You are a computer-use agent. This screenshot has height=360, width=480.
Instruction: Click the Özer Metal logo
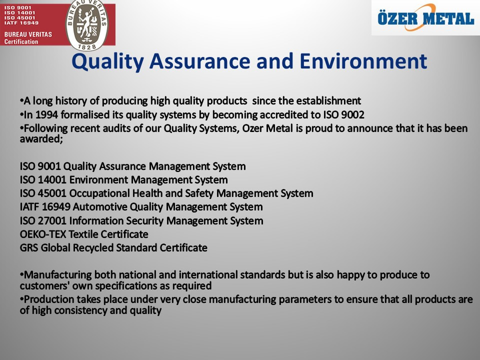pos(425,18)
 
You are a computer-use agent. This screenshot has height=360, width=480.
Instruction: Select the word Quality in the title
pos(107,62)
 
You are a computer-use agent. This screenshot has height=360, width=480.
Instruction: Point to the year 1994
pos(47,115)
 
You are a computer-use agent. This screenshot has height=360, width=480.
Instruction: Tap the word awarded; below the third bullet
pos(41,139)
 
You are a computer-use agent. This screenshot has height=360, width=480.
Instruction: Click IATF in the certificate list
pos(29,207)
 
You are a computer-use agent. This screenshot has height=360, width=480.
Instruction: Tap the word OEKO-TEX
pos(43,234)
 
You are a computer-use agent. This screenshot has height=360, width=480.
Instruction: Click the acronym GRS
pos(29,247)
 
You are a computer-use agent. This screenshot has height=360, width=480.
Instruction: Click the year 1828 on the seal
pos(87,46)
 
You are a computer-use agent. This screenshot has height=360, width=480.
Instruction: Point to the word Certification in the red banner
pos(21,41)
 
